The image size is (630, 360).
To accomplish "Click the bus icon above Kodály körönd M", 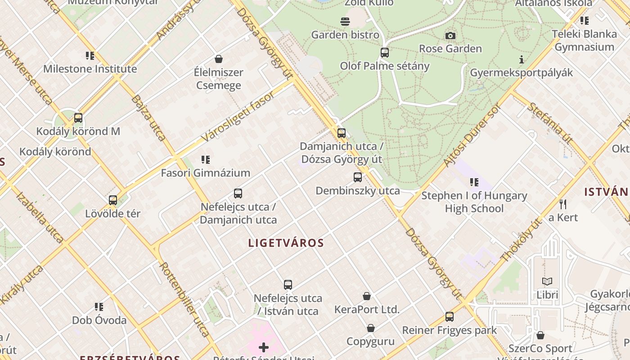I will (x=78, y=118).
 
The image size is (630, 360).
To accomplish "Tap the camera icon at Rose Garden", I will (x=450, y=36).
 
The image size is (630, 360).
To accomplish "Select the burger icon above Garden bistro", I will (x=345, y=21).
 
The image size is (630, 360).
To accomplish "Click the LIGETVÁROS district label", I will (x=286, y=243).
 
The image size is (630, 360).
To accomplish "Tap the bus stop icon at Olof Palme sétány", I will (x=384, y=53).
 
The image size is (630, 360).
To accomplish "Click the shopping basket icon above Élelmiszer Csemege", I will (x=219, y=59).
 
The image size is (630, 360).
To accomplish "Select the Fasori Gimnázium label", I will (x=205, y=173).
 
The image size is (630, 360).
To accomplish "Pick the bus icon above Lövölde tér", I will (x=113, y=200).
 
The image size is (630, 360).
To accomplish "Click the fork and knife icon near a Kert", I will (x=562, y=204).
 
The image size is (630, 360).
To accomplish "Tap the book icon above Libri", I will (x=547, y=282).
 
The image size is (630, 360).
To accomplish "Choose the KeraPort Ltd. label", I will (x=367, y=310).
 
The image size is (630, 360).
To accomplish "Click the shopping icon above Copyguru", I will (x=371, y=328).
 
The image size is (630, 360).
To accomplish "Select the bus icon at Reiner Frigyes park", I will (x=449, y=317).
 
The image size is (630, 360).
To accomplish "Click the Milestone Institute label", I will (x=90, y=69).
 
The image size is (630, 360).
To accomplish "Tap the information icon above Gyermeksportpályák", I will (x=521, y=59).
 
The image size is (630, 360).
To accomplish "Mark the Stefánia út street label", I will (x=549, y=123).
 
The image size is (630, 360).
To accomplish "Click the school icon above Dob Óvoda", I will (x=99, y=307).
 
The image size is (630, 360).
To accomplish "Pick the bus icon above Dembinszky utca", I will (x=358, y=177).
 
